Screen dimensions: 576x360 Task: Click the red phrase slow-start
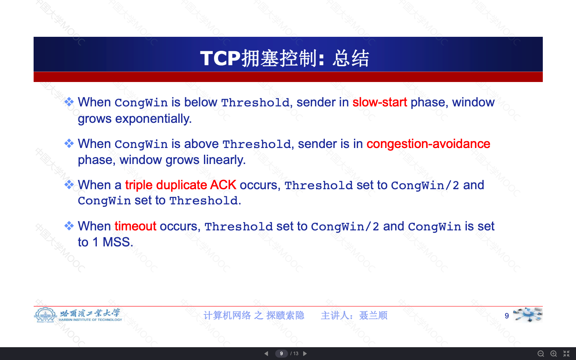pos(380,102)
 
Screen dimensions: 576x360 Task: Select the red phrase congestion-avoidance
pos(428,144)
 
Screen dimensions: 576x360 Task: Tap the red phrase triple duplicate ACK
pos(180,185)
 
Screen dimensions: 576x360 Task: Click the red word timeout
pos(135,226)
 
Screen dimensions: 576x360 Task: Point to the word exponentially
pos(153,119)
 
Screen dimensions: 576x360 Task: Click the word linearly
pos(224,160)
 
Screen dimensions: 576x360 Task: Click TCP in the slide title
pos(220,58)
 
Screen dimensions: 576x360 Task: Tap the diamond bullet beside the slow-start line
pos(69,102)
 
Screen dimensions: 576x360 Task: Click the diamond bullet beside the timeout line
pos(69,226)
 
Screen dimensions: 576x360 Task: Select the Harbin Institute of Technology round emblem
pos(45,315)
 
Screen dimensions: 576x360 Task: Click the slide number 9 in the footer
pos(506,316)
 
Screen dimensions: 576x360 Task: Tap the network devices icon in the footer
pos(528,314)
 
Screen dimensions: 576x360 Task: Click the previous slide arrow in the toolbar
pos(266,354)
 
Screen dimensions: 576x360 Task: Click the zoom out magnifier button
pos(541,354)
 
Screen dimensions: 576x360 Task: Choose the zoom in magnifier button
pos(554,354)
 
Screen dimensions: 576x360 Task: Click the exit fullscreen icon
pos(566,354)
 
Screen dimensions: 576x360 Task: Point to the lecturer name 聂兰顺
pos(373,316)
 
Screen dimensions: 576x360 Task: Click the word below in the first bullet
pos(200,102)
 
